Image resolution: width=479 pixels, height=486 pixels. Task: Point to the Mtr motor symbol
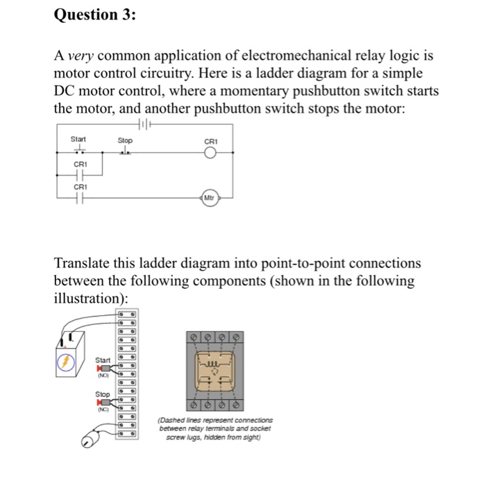pos(209,198)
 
